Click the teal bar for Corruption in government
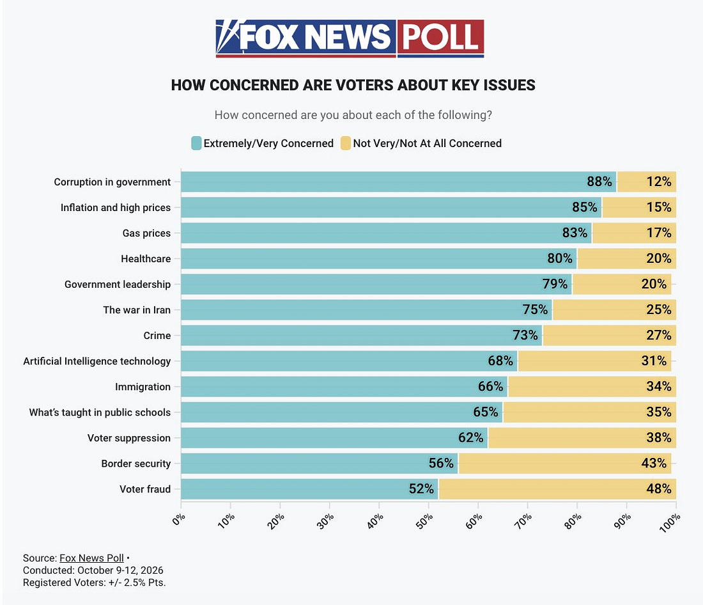(399, 182)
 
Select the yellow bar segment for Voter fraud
(557, 489)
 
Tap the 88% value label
(599, 182)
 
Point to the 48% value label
(659, 489)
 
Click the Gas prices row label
(146, 233)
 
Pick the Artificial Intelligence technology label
(97, 361)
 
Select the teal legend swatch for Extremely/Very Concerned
(196, 143)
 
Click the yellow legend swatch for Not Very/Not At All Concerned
(345, 143)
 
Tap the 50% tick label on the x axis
(424, 521)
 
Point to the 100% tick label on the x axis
(670, 523)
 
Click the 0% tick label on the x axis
(178, 519)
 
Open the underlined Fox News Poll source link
(91, 558)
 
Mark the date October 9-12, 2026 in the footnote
(120, 570)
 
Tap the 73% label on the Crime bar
(525, 335)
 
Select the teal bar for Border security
(320, 463)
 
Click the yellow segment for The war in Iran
(614, 310)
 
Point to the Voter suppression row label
(129, 437)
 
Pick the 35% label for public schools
(659, 412)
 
